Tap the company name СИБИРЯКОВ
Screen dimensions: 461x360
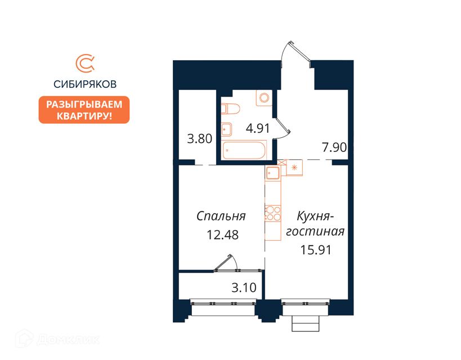point(85,84)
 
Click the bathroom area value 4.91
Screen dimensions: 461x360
point(258,128)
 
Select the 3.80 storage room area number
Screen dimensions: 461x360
point(200,138)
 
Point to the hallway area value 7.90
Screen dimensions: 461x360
point(334,147)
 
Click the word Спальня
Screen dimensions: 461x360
point(221,217)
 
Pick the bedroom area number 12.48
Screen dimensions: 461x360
point(222,235)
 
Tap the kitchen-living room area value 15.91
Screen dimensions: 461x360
point(316,250)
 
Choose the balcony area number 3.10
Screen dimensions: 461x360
point(244,287)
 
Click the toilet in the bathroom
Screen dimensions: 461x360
point(230,109)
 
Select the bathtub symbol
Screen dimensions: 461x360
point(244,150)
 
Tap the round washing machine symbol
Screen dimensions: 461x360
point(264,97)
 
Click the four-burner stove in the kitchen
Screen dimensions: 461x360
point(273,214)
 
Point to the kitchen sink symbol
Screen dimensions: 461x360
point(274,173)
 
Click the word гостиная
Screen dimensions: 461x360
point(315,231)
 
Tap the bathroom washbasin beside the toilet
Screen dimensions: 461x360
point(227,129)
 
